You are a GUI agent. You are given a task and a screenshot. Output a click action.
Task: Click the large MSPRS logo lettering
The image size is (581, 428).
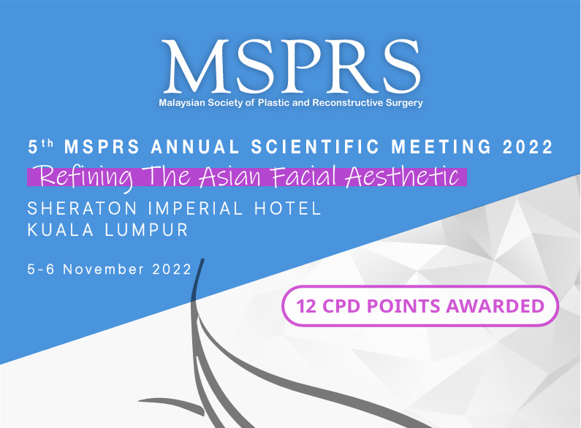291,66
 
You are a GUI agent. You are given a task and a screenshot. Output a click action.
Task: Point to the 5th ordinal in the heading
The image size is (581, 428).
41,146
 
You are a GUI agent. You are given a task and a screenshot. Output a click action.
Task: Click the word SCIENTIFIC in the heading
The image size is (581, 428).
315,147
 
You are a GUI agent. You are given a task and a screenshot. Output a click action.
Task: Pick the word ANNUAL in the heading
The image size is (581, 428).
195,147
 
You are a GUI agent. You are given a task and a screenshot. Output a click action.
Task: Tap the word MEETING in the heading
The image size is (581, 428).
441,147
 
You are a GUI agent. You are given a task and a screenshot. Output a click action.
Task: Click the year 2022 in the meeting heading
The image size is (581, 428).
528,147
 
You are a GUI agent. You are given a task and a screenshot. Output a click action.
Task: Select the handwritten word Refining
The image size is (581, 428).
85,177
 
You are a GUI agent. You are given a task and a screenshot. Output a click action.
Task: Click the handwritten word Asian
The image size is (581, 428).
230,176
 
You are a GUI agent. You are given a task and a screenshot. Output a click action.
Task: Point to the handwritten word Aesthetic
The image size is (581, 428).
402,176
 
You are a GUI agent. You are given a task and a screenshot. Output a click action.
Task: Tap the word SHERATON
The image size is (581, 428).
83,208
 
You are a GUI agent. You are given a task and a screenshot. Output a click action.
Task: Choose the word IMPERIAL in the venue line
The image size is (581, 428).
195,208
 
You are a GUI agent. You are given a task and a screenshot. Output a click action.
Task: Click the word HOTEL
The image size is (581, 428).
287,208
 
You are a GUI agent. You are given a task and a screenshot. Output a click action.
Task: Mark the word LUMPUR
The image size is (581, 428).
147,230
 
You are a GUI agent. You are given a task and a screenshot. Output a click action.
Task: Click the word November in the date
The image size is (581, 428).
103,270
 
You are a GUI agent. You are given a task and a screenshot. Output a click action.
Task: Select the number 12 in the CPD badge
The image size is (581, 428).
306,306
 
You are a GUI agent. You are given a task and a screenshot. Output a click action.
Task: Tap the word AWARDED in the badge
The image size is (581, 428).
495,306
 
